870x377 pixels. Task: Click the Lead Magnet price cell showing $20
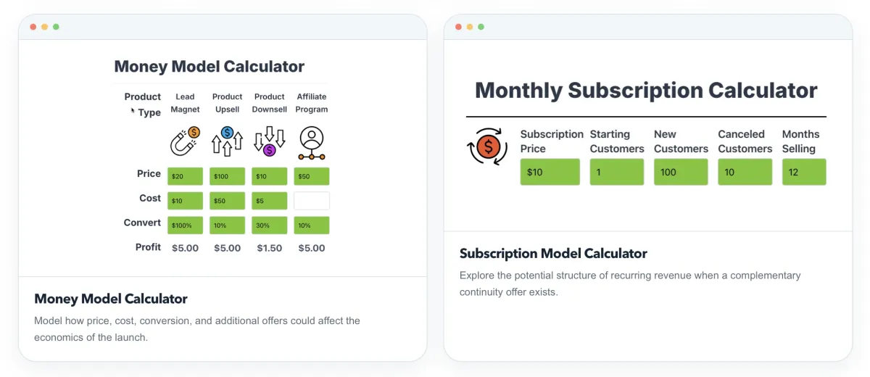pos(185,176)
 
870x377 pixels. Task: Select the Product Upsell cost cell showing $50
pos(227,201)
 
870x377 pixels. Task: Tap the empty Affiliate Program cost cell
pos(312,201)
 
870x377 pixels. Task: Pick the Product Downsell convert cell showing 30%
pos(269,225)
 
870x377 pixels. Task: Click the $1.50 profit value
pos(270,248)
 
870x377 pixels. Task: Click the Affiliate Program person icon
pos(312,143)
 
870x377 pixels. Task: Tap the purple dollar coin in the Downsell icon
pos(269,150)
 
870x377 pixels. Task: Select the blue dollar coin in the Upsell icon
pos(227,133)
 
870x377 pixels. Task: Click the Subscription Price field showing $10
pos(550,172)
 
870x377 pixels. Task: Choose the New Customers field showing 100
pos(681,172)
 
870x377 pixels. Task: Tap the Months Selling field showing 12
pos(804,172)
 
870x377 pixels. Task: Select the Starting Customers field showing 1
pos(617,172)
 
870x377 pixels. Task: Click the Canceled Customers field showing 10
pos(745,172)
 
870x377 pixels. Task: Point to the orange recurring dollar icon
pos(487,146)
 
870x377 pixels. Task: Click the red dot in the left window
pos(33,27)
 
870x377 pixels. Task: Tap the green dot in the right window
pos(481,27)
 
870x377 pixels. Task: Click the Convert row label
pos(142,223)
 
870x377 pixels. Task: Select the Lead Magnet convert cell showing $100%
pos(185,225)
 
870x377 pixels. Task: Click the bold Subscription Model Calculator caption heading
pos(553,254)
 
